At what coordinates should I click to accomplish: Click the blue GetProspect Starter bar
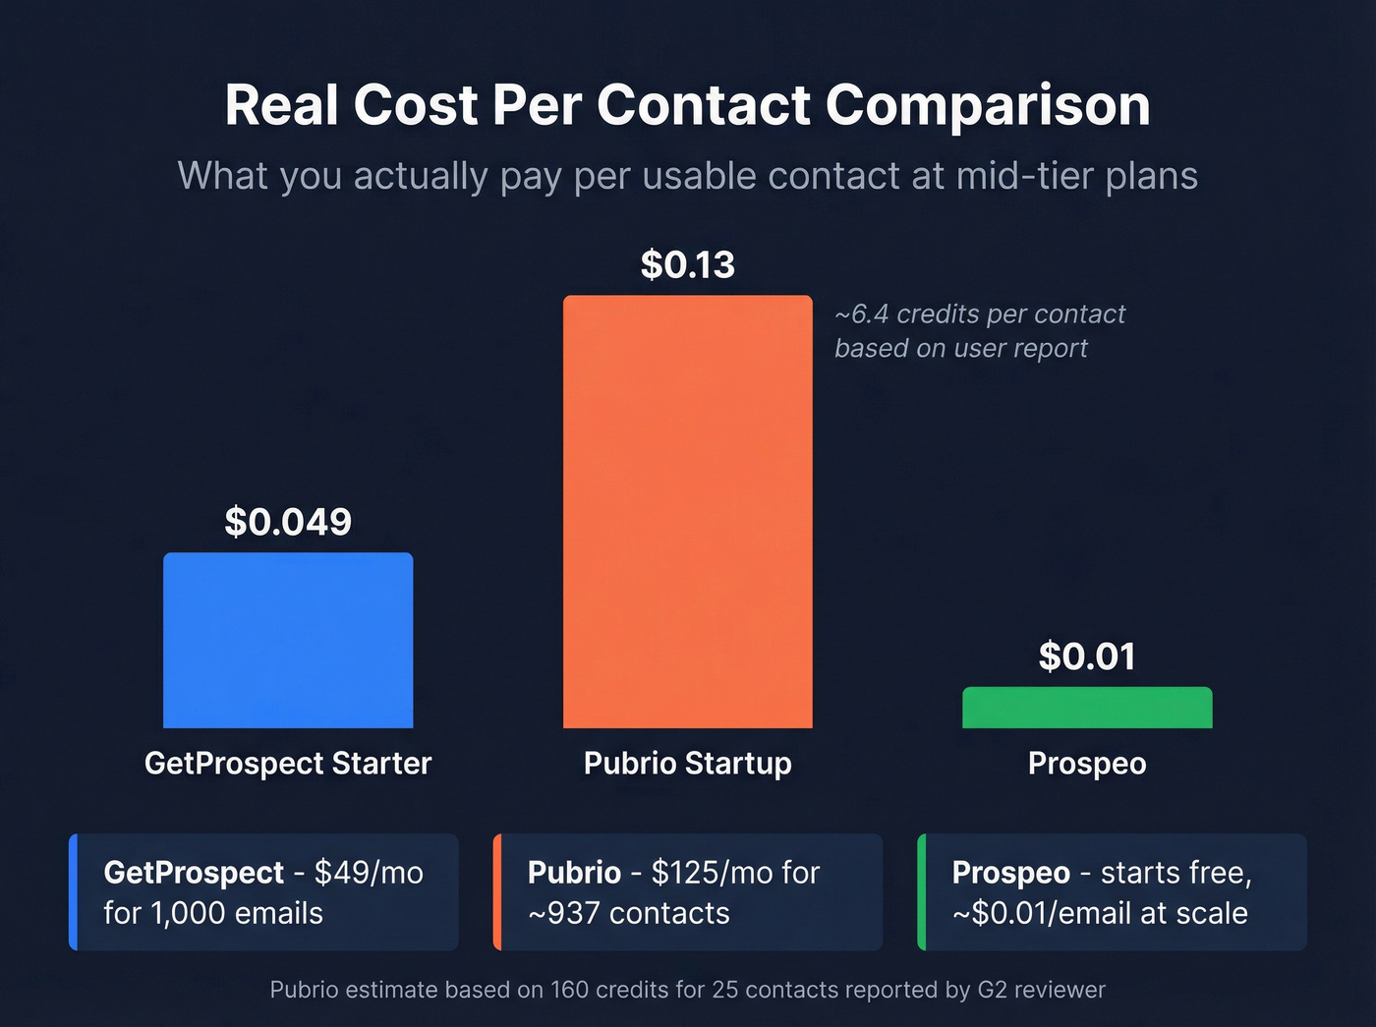click(288, 640)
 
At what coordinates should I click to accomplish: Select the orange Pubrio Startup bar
click(688, 511)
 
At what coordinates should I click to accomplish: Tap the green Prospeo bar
click(1087, 708)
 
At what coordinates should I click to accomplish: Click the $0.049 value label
click(288, 522)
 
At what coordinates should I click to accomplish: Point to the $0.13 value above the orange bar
click(688, 264)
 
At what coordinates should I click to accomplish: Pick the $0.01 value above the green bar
click(1087, 656)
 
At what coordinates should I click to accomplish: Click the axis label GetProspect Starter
click(288, 764)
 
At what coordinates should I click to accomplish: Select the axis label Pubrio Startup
click(688, 764)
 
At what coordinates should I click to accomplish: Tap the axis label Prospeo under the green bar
click(1087, 764)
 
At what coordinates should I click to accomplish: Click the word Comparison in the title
click(988, 105)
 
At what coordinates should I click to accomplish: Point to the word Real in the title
click(282, 105)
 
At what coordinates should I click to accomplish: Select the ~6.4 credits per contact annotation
click(980, 314)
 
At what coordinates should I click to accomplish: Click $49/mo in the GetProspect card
click(369, 873)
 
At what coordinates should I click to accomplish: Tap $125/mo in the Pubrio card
click(715, 873)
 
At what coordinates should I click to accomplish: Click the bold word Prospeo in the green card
click(1010, 873)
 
